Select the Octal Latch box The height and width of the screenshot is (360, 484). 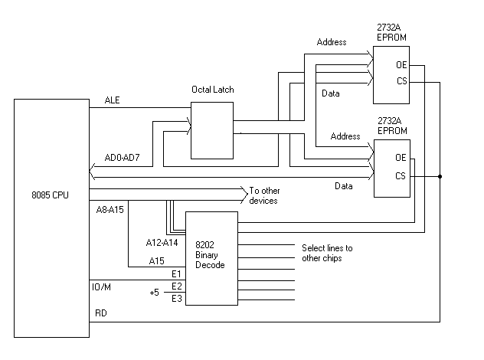pyautogui.click(x=211, y=129)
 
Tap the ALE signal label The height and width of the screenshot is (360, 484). pyautogui.click(x=112, y=100)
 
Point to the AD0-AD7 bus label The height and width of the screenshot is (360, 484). pyautogui.click(x=127, y=161)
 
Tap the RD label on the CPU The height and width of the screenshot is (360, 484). pyautogui.click(x=100, y=313)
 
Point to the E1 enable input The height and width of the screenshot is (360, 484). pyautogui.click(x=177, y=274)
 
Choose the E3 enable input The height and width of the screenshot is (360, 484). pyautogui.click(x=177, y=298)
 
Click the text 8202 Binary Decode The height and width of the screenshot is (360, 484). pyautogui.click(x=210, y=254)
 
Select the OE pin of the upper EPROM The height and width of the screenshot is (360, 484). pyautogui.click(x=401, y=64)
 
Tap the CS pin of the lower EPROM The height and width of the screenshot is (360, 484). pyautogui.click(x=401, y=176)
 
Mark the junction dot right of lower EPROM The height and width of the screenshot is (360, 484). pyautogui.click(x=440, y=176)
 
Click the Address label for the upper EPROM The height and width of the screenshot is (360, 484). pyautogui.click(x=331, y=41)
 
